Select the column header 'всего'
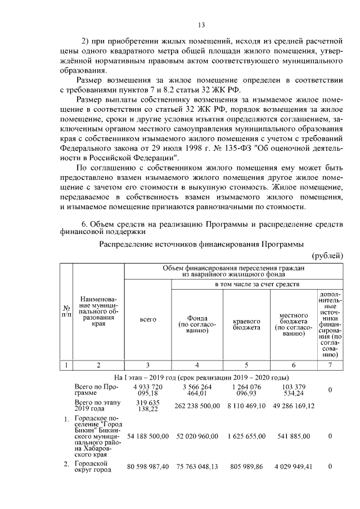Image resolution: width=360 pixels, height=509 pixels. (147, 319)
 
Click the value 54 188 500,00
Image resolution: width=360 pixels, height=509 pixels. (147, 436)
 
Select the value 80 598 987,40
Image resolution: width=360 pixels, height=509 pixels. (147, 467)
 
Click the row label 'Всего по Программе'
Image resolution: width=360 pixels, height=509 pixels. (95, 391)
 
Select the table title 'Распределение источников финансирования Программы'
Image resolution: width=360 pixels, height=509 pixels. (201, 244)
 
